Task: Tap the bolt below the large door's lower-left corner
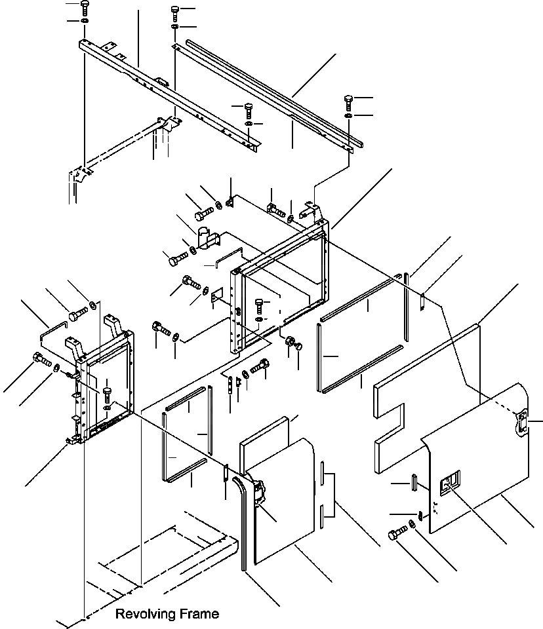pyautogui.click(x=395, y=534)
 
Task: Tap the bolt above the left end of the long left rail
pyautogui.click(x=85, y=9)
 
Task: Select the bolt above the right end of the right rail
pyautogui.click(x=348, y=102)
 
